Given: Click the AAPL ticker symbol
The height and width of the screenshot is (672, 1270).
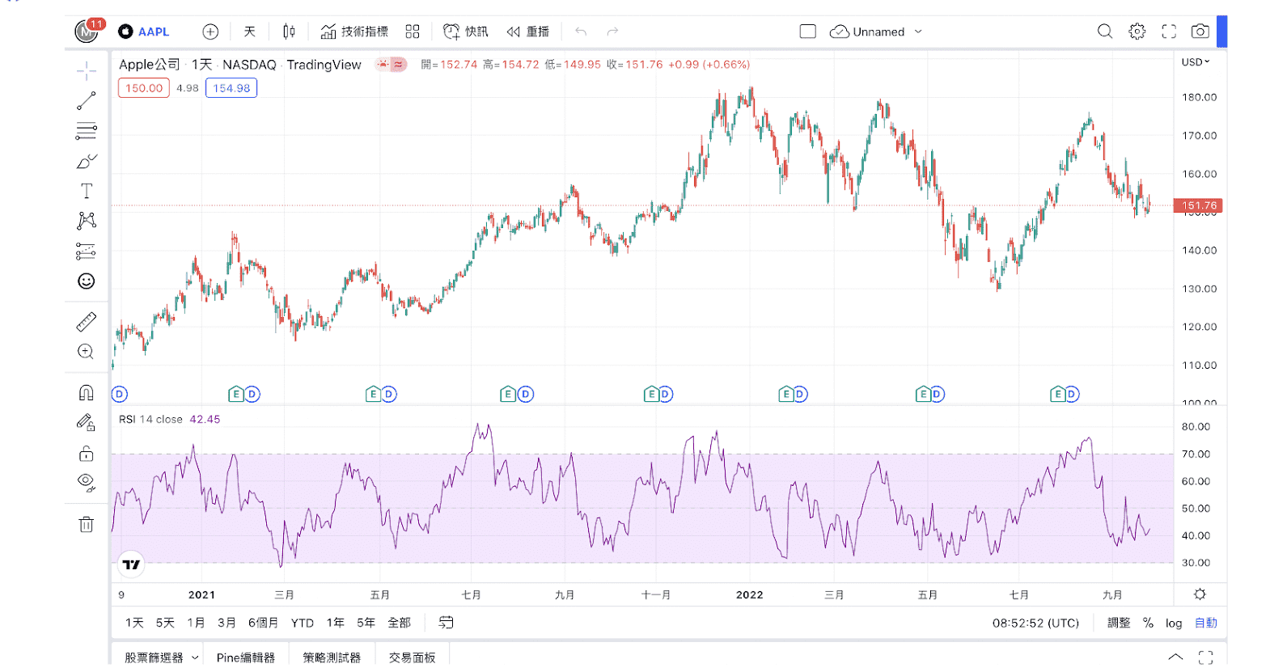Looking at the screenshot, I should pyautogui.click(x=153, y=32).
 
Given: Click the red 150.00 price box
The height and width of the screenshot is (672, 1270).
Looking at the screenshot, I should pyautogui.click(x=144, y=88).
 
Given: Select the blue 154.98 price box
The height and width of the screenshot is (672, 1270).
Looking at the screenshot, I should pyautogui.click(x=231, y=88).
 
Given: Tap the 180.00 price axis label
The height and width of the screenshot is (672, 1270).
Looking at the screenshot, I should pyautogui.click(x=1199, y=97).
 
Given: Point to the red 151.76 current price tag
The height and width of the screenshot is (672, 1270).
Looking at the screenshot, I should pyautogui.click(x=1198, y=206).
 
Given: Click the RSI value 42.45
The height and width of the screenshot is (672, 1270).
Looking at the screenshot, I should pyautogui.click(x=205, y=419).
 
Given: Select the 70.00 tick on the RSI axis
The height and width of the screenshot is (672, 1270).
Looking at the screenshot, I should pyautogui.click(x=1196, y=454).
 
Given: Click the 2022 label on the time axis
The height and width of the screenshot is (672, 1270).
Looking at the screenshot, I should pyautogui.click(x=749, y=594).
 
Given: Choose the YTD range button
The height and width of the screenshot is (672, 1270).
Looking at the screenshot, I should pyautogui.click(x=303, y=623).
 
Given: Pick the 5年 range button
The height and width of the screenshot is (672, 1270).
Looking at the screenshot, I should pyautogui.click(x=366, y=623).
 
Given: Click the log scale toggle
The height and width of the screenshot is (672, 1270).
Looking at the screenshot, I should pyautogui.click(x=1174, y=623).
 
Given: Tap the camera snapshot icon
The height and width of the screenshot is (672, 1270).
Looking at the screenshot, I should pyautogui.click(x=1200, y=32).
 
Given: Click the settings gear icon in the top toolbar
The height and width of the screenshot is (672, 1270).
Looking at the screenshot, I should pyautogui.click(x=1137, y=32).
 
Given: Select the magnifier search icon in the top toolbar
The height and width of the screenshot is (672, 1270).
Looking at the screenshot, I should pyautogui.click(x=1105, y=32).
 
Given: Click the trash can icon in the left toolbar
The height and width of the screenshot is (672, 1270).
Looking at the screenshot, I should pyautogui.click(x=87, y=524).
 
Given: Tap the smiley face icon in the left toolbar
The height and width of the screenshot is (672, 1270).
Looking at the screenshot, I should pyautogui.click(x=87, y=281).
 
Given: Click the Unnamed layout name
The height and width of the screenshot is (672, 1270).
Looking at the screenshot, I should pyautogui.click(x=878, y=32).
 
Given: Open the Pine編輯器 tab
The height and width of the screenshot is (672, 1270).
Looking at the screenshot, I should pyautogui.click(x=246, y=657).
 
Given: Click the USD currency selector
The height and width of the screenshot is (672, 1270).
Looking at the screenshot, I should pyautogui.click(x=1196, y=62).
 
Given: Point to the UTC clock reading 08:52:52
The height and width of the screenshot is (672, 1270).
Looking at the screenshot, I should pyautogui.click(x=1035, y=623).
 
